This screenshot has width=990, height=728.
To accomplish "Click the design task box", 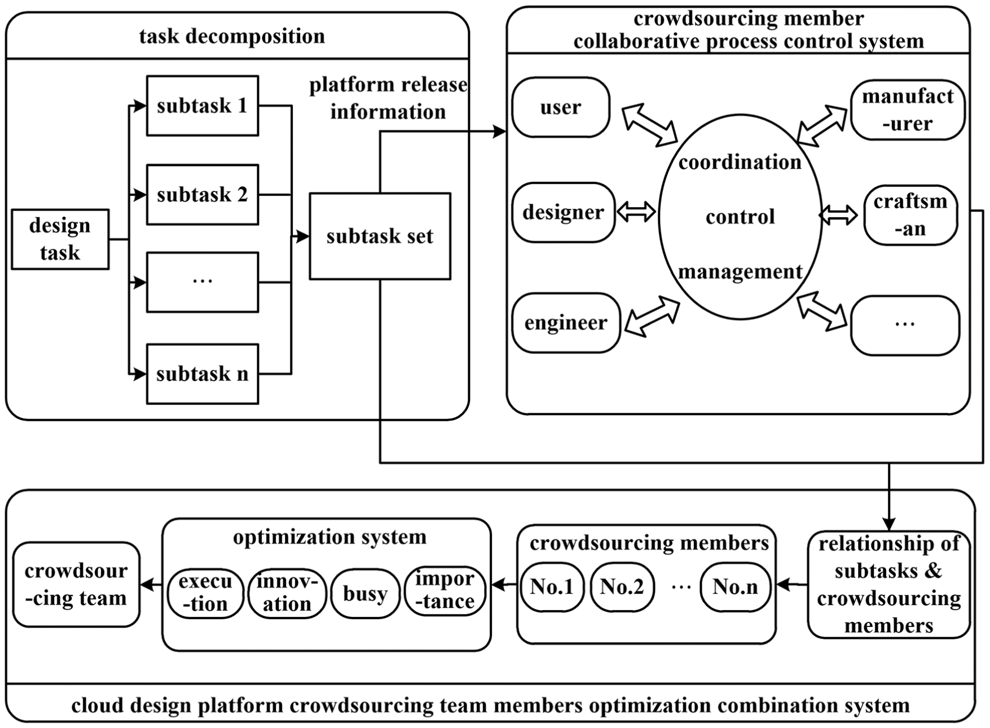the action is pos(60,239).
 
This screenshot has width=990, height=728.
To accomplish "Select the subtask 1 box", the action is pos(203,106).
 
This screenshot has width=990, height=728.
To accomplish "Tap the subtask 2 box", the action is pos(203,195).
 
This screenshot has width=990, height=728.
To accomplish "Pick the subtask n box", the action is pos(203,374).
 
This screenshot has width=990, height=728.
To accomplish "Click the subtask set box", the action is pos(380,236).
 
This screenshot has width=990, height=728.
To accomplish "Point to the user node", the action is pos(561,107).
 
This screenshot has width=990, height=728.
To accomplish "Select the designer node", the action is pos(563,212).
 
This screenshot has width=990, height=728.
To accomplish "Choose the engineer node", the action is pos(566,323).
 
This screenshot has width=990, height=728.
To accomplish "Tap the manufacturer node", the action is pos(908,109).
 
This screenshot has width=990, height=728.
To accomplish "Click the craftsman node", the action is pos(910,215).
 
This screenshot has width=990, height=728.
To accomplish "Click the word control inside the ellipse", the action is pos(740,217).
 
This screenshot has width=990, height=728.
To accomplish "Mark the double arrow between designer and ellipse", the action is pos(636,212).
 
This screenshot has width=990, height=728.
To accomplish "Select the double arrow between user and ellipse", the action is pos(649,125).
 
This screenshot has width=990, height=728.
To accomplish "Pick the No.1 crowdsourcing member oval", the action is pos(552,587).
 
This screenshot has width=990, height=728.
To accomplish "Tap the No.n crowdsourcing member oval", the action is pos(735,587).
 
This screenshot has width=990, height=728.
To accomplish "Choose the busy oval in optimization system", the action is pos(365,594).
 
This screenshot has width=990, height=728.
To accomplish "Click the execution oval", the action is pos(205,593).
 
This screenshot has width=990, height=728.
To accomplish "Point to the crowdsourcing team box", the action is pos(76,585).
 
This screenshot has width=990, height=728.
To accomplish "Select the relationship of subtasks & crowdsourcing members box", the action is pos(888,585).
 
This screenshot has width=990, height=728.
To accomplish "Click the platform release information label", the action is pos(388,98).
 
